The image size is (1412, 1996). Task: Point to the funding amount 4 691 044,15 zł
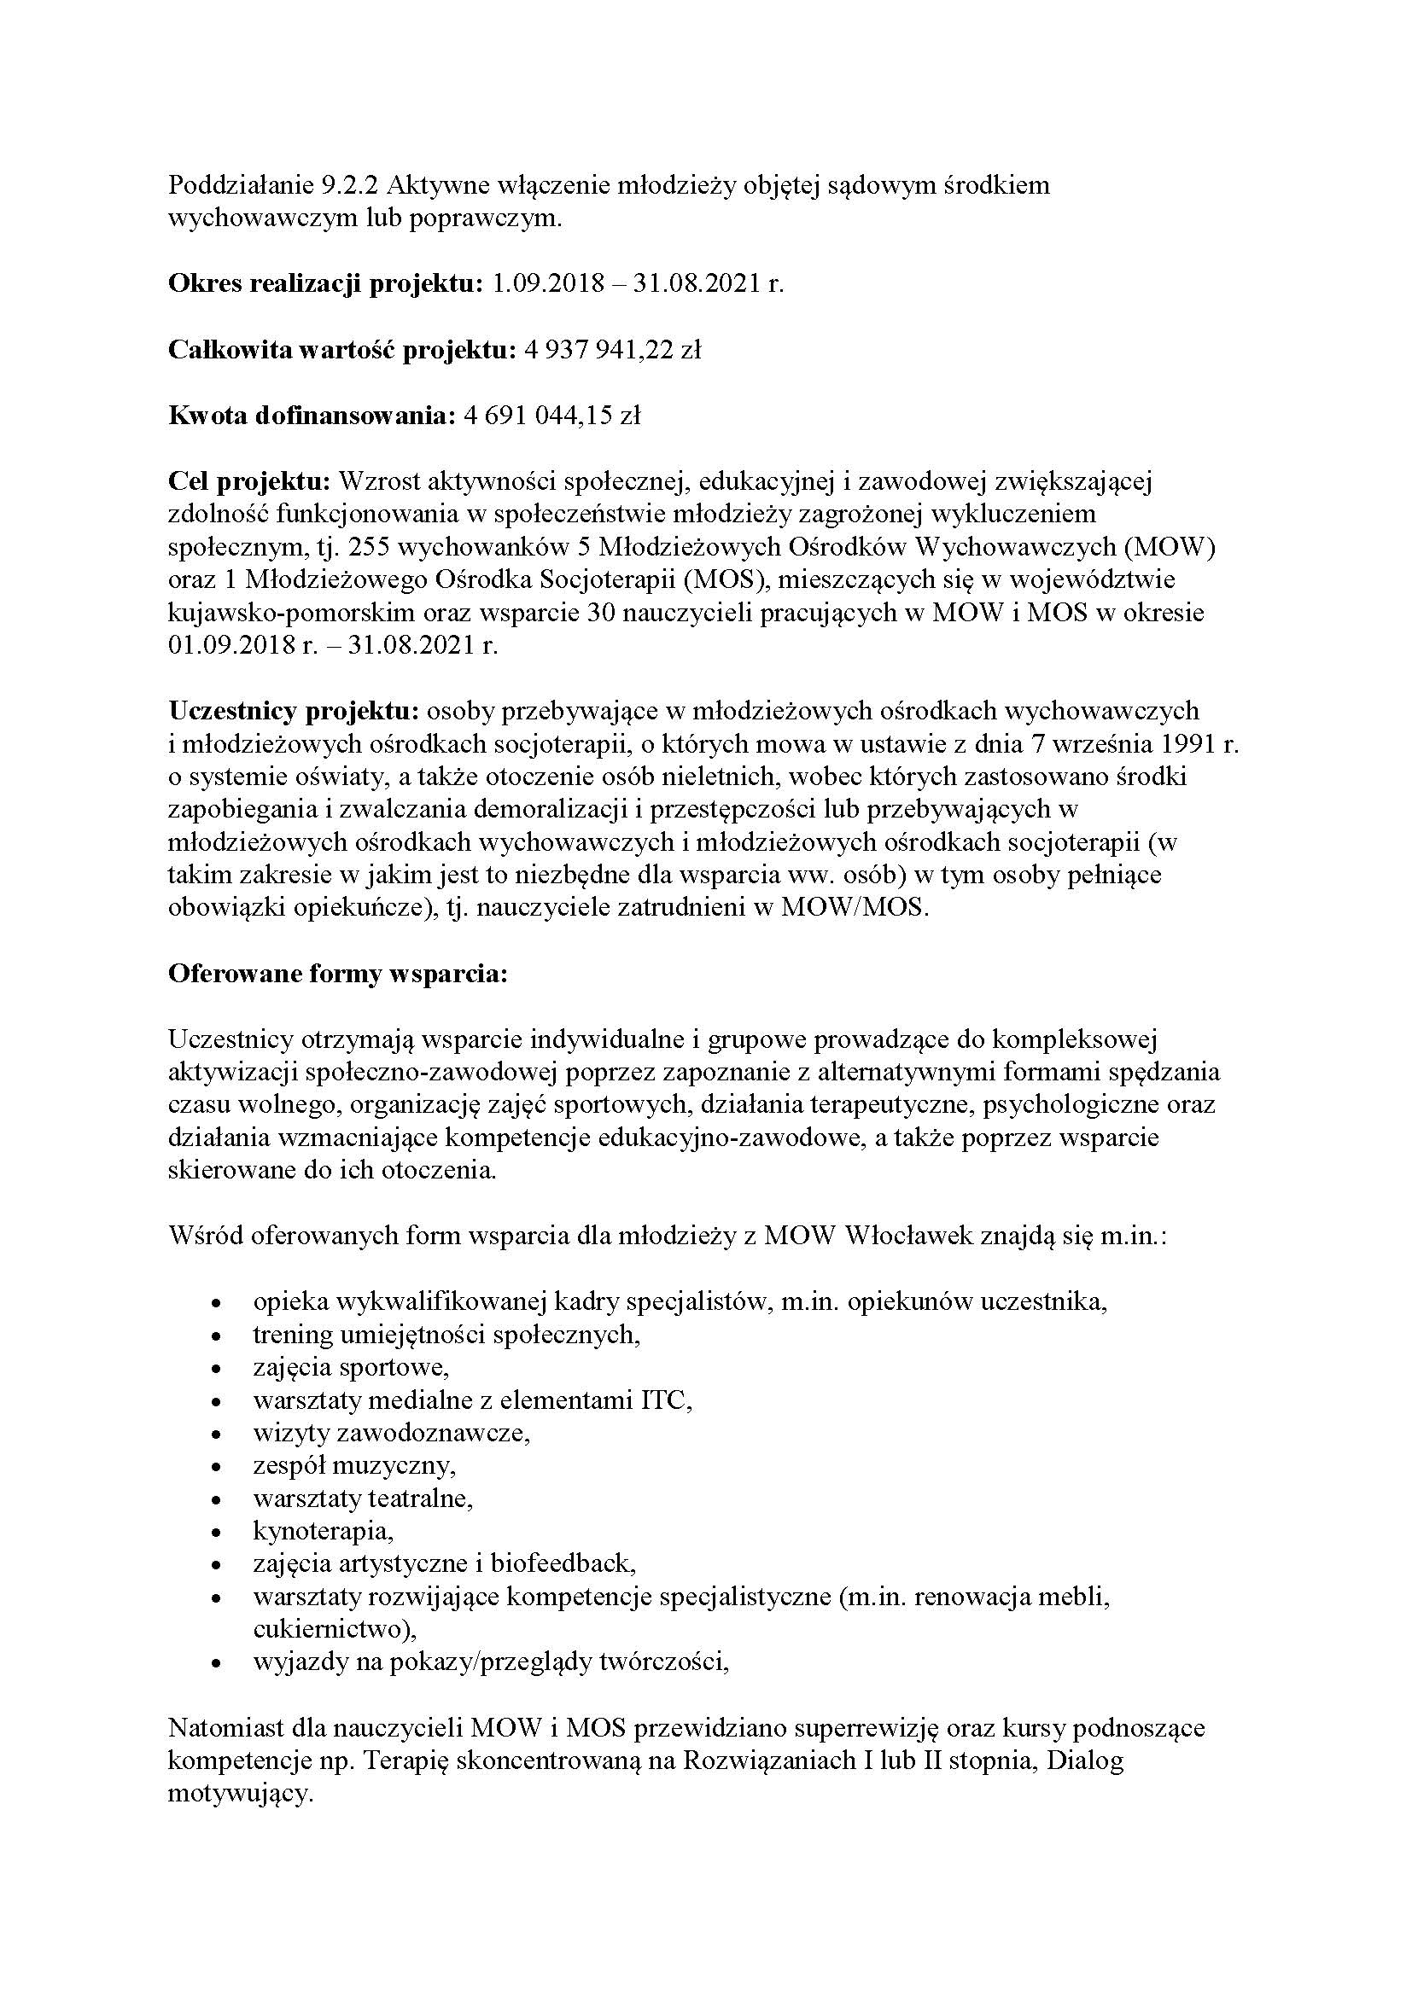[x=551, y=416]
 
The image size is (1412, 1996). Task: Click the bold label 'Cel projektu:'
[x=249, y=480]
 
